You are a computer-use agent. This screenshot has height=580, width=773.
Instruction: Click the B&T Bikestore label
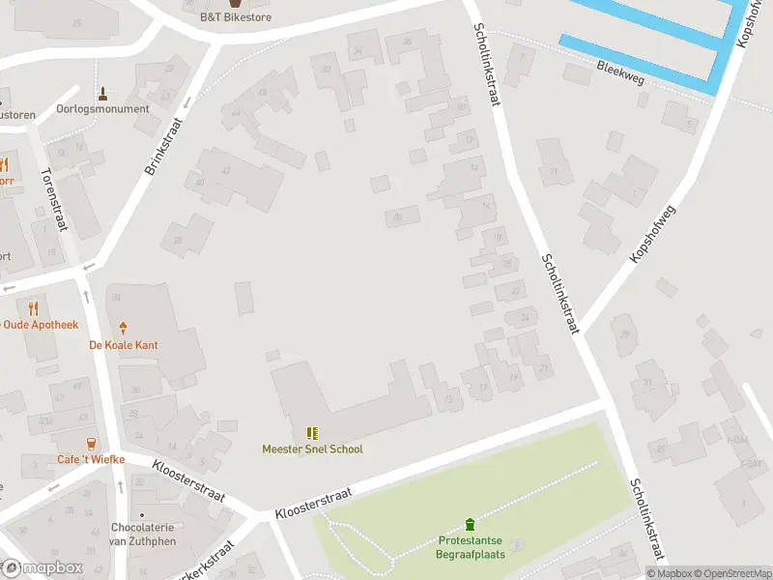click(236, 17)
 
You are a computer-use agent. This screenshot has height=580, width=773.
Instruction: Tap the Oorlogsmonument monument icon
click(102, 93)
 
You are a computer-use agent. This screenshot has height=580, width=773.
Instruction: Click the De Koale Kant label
click(124, 345)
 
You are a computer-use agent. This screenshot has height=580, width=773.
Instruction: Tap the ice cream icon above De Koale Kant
click(123, 328)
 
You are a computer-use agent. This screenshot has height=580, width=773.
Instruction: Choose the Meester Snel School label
click(312, 449)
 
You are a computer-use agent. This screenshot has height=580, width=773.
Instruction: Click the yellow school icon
click(312, 432)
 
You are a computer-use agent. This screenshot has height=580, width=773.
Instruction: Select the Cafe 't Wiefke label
click(91, 459)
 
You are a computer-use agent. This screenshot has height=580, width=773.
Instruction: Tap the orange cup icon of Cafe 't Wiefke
click(91, 443)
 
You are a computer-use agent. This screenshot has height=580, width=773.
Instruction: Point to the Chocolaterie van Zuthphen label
click(143, 536)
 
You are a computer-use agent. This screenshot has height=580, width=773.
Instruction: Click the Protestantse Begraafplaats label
click(470, 548)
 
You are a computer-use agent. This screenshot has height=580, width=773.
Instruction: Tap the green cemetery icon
click(470, 525)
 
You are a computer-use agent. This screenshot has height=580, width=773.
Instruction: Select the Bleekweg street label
click(619, 72)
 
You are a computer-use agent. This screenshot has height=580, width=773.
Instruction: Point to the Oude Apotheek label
click(41, 325)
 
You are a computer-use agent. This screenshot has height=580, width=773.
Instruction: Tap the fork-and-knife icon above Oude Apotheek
click(34, 308)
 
